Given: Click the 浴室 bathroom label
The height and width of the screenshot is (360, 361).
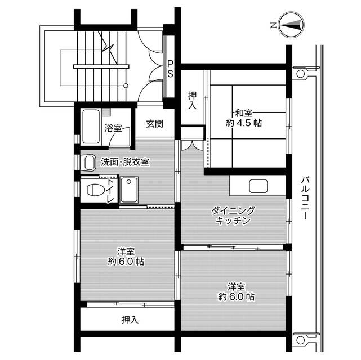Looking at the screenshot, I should [113, 128].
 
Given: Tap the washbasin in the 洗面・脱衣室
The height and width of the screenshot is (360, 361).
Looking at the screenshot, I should [88, 163].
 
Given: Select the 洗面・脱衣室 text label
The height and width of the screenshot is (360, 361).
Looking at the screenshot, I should [125, 162].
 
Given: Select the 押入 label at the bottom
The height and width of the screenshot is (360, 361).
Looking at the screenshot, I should [130, 321].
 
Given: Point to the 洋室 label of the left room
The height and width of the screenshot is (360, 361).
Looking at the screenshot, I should [126, 251].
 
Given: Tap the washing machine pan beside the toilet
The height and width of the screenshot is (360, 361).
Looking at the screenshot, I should [129, 190].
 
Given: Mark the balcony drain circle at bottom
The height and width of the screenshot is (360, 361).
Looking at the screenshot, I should [300, 339].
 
